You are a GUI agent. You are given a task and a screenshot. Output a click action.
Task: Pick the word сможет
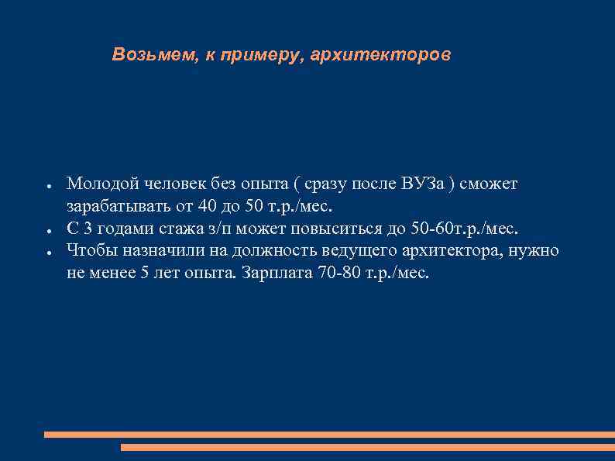point(490,184)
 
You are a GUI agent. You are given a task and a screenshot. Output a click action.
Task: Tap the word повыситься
point(352,229)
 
